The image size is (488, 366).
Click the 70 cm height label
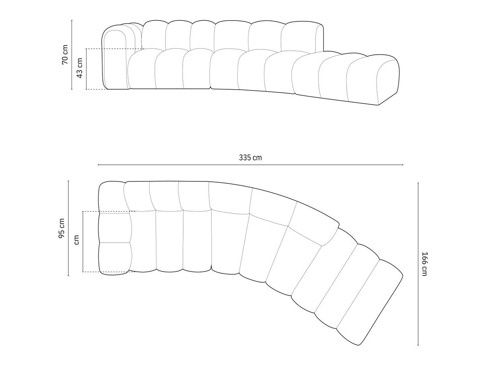(65, 55)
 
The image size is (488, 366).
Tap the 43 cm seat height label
(80, 69)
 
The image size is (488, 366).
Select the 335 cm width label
(250, 158)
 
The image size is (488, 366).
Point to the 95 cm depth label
(62, 228)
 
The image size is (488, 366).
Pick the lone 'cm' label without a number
(76, 241)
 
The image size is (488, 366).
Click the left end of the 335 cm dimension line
(98, 164)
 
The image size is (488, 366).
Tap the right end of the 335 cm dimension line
(403, 164)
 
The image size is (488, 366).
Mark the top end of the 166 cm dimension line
(418, 183)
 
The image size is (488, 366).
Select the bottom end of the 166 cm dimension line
(418, 345)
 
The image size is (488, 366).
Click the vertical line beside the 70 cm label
(72, 55)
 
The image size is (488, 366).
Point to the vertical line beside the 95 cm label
(68, 228)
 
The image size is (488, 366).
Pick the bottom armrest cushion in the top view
(115, 258)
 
